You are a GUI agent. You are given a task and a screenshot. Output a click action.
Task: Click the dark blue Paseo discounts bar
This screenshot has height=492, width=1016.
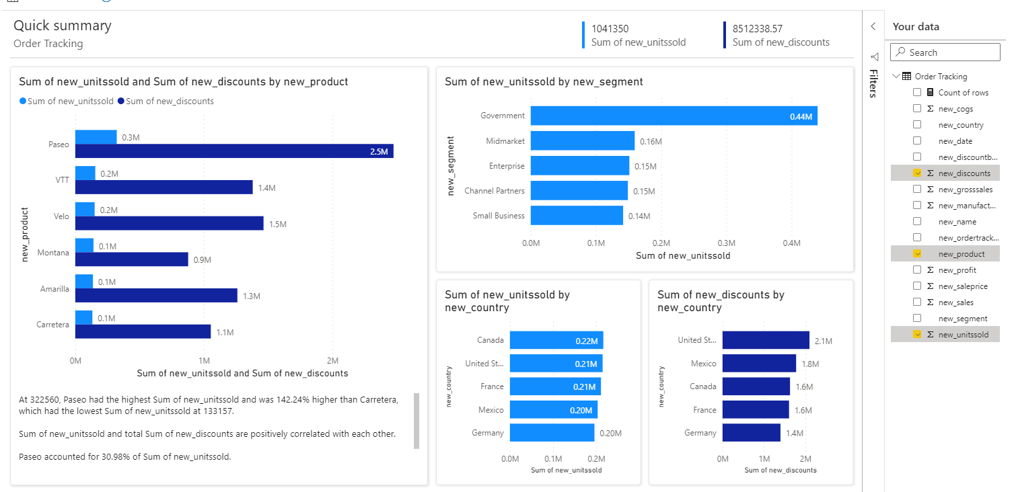[x=234, y=151]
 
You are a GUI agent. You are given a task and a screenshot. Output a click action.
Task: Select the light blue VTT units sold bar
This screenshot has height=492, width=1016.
[x=85, y=173]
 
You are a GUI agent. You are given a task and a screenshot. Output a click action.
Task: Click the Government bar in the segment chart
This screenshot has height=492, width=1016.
[x=673, y=116]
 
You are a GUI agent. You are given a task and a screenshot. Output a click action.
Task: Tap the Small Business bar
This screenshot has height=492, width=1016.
[x=577, y=215]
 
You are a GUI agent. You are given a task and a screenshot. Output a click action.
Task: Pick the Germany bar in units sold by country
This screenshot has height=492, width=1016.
[x=552, y=433]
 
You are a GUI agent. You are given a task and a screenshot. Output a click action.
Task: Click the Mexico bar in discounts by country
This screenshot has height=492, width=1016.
[x=759, y=364]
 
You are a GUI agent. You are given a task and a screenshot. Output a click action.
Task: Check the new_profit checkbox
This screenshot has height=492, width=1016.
[x=917, y=270]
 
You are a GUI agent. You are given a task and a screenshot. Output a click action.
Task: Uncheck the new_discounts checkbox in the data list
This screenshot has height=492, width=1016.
[x=917, y=173]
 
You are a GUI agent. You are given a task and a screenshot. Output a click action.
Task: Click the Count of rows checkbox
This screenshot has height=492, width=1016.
[x=917, y=92]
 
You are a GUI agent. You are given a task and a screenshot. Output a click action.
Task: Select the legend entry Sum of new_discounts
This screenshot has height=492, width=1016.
[x=170, y=101]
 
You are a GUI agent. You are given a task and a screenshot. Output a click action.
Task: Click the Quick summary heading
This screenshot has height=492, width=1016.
[x=63, y=26]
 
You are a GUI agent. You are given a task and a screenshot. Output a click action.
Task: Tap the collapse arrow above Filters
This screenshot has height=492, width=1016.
[x=873, y=26]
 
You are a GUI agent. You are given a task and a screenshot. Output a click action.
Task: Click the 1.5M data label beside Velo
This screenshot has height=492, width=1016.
[x=278, y=224]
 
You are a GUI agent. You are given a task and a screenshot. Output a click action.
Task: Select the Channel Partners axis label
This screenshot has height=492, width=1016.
[x=494, y=191]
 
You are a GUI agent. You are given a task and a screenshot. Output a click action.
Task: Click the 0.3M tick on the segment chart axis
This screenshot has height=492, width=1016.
[x=726, y=243]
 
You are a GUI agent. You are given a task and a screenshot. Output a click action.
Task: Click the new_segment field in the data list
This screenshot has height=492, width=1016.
[x=962, y=318]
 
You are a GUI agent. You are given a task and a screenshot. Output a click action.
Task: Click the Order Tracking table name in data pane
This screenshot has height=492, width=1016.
[x=941, y=76]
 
